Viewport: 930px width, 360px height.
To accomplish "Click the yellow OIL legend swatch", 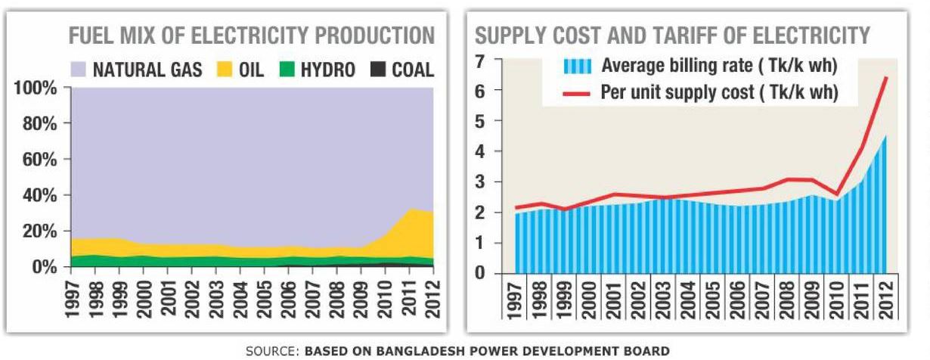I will (x=223, y=70).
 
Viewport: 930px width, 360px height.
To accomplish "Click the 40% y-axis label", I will (x=38, y=196).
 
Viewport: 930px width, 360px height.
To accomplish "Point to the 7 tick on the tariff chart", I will (x=481, y=61).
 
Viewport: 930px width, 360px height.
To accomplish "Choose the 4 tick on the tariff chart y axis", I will (x=481, y=151).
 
